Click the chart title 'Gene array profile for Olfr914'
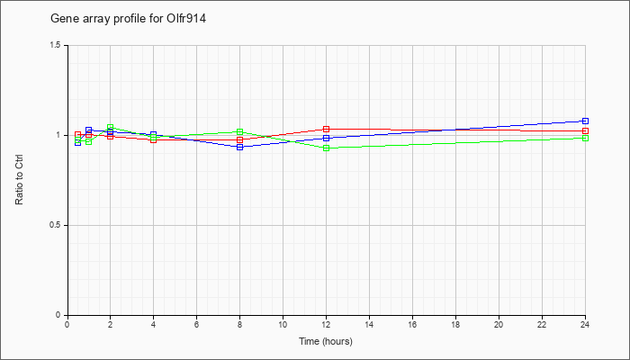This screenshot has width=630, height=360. (128, 19)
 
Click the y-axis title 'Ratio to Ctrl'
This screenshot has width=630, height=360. (19, 180)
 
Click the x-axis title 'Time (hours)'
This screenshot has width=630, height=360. (326, 341)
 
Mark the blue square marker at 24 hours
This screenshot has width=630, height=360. (585, 121)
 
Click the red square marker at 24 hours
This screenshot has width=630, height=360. (585, 131)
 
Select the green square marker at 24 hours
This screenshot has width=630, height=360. (585, 139)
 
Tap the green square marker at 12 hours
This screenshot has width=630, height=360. (326, 148)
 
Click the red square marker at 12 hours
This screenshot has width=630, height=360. (326, 129)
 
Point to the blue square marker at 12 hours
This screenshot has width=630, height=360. (326, 139)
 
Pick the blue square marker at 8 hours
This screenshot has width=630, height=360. (240, 147)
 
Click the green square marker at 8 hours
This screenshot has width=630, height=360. (240, 131)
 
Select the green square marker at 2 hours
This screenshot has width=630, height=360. (110, 128)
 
